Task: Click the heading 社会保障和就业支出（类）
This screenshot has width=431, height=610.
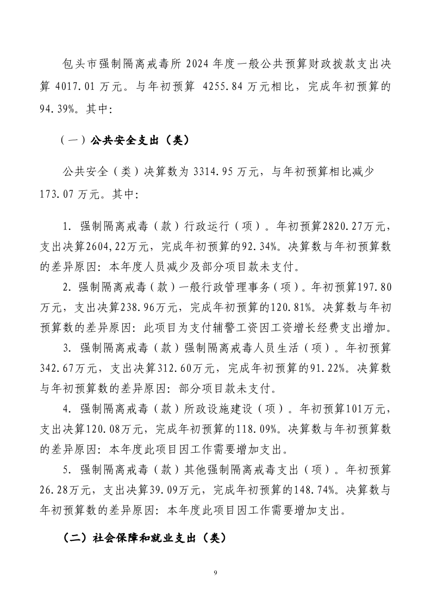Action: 142,537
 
